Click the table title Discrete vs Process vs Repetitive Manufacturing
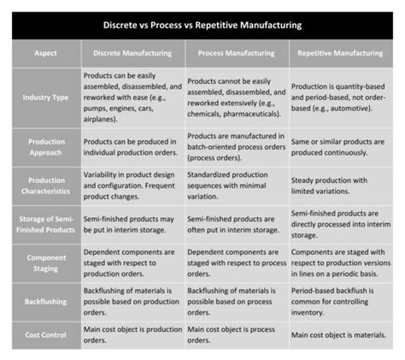pos(202,25)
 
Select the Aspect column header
pos(47,53)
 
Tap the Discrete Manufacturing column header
pos(132,53)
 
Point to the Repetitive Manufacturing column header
pos(340,53)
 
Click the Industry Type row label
pos(47,97)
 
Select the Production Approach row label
pos(47,146)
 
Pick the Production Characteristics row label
pos(47,186)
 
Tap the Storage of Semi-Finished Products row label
pos(47,224)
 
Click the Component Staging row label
pos(47,263)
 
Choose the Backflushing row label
pos(47,302)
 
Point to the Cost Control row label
pos(47,334)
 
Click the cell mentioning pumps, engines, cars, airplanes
pos(132,97)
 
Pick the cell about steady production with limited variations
pos(340,186)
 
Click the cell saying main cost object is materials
pos(340,329)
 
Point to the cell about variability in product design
pos(132,186)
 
